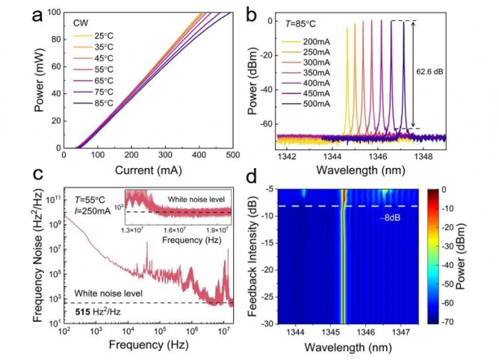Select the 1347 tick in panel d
[400, 330]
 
